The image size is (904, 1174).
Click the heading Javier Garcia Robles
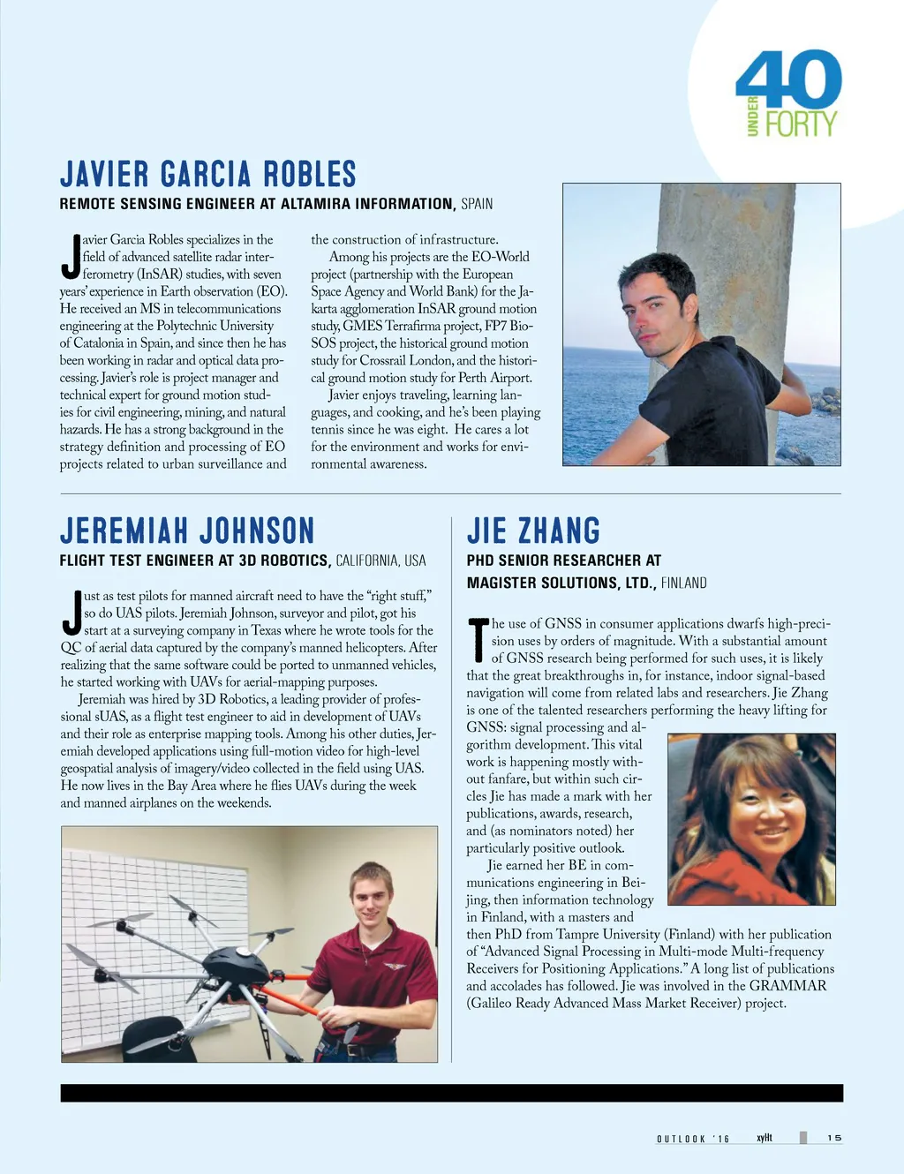pos(207,175)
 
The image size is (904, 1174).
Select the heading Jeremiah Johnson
pos(187,531)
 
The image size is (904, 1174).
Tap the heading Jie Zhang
pos(533,531)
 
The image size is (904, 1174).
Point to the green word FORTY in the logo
pos(801,124)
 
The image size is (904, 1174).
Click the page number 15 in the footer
pos(834,1138)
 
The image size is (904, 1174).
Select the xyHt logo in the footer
pos(765,1138)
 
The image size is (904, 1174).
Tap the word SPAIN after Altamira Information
pos(477,204)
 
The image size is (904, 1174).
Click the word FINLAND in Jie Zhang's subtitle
pos(683,583)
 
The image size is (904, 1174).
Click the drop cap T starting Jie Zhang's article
pos(478,641)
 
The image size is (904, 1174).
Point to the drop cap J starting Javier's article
pos(71,256)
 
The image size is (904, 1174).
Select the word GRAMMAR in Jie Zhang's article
pos(787,985)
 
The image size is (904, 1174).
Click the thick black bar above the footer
pos(451,1093)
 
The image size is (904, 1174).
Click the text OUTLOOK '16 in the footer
pos(693,1139)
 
